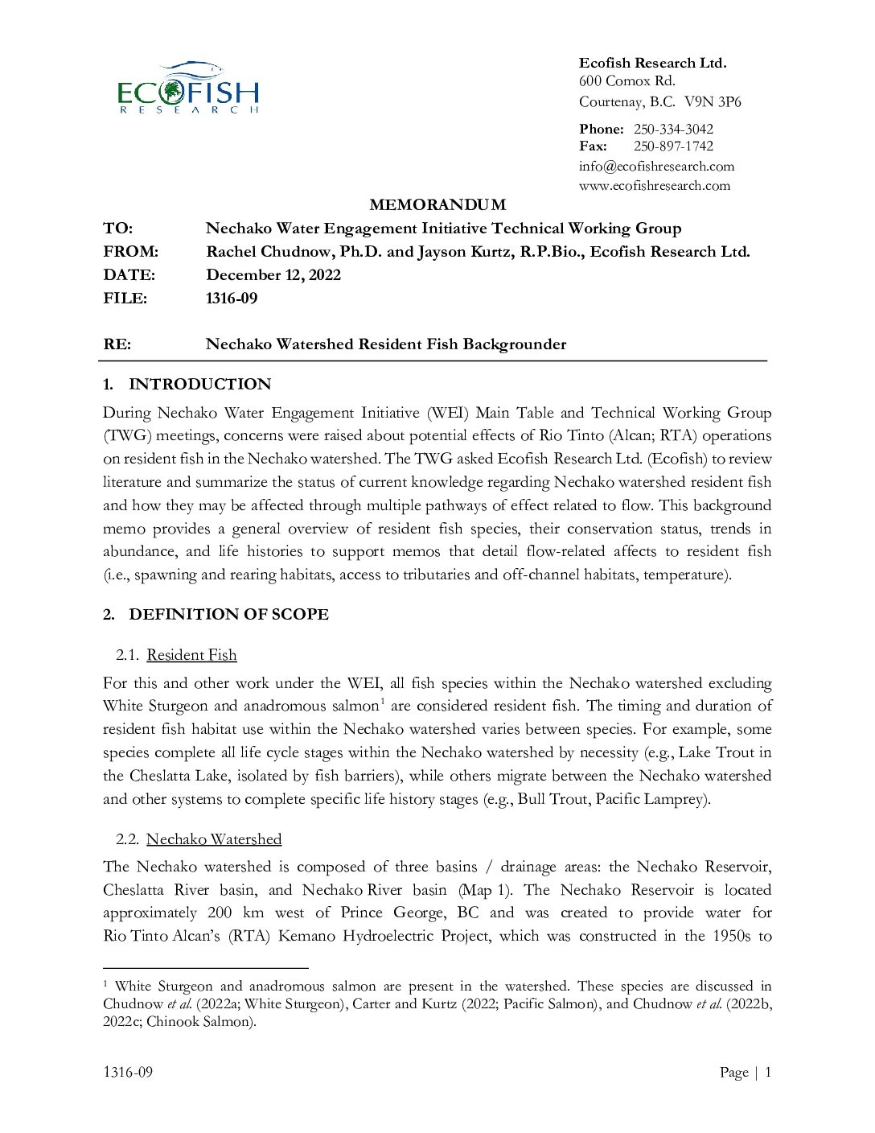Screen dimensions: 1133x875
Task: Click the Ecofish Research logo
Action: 188,88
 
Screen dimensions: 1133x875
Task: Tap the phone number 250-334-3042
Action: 673,129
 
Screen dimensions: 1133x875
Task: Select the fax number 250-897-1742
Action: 673,146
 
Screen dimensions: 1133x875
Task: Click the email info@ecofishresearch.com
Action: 656,166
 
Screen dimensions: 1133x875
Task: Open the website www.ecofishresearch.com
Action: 655,185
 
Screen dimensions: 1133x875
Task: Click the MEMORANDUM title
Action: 437,204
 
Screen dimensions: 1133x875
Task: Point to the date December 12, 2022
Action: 273,274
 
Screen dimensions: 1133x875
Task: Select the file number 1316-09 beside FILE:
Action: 232,298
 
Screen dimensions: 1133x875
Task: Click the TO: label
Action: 118,228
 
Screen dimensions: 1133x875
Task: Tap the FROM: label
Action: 130,251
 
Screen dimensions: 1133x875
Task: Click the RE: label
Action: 117,344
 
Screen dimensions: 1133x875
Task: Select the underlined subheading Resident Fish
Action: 191,655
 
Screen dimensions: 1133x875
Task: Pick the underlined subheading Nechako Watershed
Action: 214,839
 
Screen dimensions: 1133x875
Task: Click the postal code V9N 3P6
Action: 713,102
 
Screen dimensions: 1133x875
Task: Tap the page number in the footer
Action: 768,1072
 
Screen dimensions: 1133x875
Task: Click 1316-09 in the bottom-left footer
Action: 128,1072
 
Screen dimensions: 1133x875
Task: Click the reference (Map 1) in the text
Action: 485,890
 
